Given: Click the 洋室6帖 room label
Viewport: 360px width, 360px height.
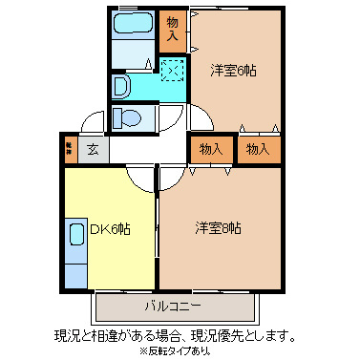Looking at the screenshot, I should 234,70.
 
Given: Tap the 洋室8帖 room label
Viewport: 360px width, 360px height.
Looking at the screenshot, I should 219,228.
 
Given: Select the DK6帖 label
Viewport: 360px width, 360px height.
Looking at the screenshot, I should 110,229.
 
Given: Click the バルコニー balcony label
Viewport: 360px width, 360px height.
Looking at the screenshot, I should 173,307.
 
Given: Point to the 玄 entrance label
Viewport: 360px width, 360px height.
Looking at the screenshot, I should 93,149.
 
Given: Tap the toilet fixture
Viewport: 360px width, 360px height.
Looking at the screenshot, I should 126,117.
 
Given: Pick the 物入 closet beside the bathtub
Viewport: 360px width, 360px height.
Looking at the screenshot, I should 172,30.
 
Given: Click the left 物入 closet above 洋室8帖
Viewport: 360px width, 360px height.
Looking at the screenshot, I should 212,149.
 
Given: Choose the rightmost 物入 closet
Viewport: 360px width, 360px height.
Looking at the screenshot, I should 258,149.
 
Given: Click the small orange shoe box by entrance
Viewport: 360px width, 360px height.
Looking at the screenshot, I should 70,149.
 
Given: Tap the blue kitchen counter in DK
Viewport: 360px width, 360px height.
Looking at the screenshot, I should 76,253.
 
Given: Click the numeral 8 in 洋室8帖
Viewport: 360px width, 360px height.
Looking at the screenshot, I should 224,228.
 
